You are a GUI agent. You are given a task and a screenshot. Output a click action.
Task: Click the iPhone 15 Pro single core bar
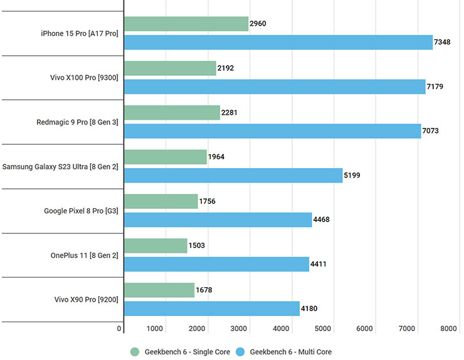point(186,24)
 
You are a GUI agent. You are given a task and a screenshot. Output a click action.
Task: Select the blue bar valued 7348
point(278,42)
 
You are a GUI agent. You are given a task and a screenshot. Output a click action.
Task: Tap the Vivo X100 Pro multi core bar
point(275,87)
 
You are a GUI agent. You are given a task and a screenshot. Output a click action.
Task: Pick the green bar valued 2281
point(172,113)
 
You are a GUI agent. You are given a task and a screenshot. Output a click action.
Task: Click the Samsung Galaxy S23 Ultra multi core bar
point(233,175)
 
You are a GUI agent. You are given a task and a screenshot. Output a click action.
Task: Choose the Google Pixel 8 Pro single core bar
point(161,201)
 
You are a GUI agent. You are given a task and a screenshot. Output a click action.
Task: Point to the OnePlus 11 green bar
point(156,246)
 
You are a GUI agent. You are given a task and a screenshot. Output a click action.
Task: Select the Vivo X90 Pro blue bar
point(212,308)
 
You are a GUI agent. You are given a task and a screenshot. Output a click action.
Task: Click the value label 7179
point(435,87)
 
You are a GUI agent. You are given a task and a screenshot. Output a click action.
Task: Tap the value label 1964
point(217,157)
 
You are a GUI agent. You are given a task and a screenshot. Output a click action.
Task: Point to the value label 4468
point(322,220)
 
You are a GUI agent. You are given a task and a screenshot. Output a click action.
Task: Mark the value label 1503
point(197,245)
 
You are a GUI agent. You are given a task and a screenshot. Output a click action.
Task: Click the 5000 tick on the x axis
point(322,329)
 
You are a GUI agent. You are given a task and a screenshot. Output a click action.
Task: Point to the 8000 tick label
point(448,329)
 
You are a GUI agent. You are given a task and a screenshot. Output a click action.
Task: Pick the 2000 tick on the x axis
point(197,329)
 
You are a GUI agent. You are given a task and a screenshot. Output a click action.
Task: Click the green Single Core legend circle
point(135,352)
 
